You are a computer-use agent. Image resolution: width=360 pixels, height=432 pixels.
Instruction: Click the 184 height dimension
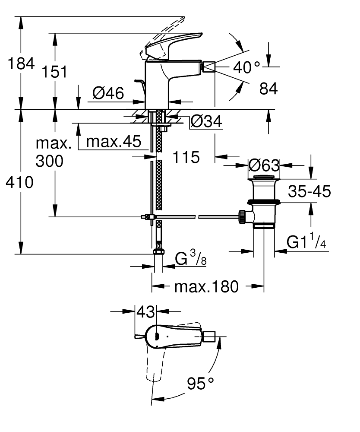(x=21, y=64)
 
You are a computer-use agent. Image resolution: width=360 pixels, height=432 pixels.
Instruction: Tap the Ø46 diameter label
(x=108, y=92)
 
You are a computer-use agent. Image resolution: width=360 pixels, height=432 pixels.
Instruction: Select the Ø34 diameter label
(x=205, y=122)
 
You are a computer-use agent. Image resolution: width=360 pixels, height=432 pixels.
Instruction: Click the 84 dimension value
(x=268, y=89)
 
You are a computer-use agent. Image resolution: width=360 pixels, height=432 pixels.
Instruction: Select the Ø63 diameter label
(x=264, y=165)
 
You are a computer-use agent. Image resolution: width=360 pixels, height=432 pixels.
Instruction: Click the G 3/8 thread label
(x=191, y=260)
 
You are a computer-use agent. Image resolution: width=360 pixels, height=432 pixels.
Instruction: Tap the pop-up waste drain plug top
(x=263, y=177)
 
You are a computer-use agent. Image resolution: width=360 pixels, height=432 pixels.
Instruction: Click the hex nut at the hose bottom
(x=158, y=253)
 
